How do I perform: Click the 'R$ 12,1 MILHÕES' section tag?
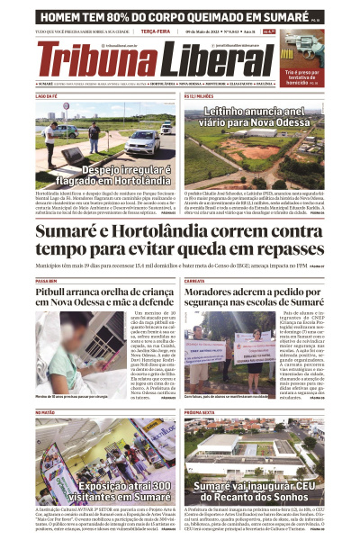200,94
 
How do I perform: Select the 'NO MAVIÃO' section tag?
46,412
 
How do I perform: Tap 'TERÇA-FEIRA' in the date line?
158,31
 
